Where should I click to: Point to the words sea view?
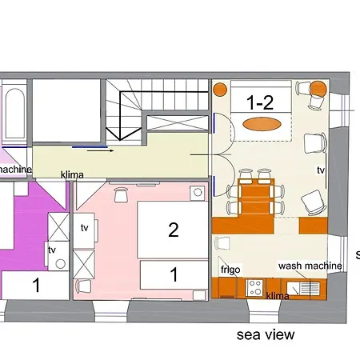pos(266,334)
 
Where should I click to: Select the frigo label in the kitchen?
pos(231,270)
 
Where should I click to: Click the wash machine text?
pos(310,266)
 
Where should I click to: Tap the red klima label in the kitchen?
pos(277,296)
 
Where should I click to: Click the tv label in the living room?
pos(321,170)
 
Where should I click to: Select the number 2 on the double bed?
pos(173,230)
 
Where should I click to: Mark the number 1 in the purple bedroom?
pos(35,284)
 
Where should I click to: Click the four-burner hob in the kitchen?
pos(257,285)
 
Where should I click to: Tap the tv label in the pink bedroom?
pos(85,228)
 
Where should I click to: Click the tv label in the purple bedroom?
pos(52,250)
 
